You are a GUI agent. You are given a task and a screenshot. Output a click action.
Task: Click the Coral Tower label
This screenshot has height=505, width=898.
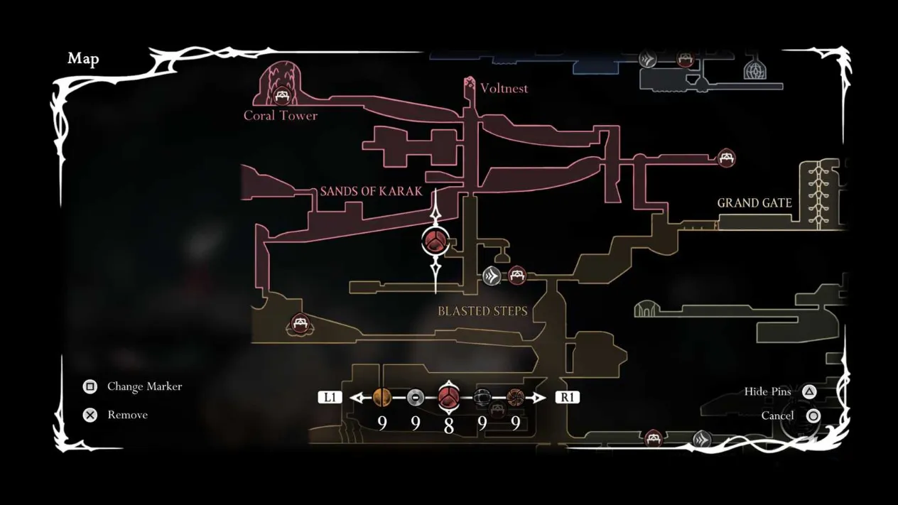pos(280,116)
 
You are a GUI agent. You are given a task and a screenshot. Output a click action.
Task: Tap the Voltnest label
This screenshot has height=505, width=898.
pos(504,88)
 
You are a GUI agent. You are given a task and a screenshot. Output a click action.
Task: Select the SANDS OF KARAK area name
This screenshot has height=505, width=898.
pos(372,191)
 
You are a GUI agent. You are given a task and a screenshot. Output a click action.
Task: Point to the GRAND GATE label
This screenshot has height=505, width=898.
pos(754,203)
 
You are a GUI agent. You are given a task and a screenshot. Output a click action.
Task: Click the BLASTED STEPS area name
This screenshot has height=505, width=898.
pos(482,311)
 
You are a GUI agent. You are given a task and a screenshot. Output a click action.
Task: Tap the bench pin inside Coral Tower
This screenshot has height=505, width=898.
pos(281,95)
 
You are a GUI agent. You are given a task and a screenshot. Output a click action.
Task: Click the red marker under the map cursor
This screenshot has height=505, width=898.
pos(435,241)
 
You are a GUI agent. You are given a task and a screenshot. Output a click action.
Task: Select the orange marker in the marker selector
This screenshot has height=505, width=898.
pos(382,397)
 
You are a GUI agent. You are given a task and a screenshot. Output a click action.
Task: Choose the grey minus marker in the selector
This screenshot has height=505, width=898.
pos(416,398)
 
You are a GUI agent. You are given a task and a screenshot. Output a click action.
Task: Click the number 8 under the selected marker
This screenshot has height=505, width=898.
pos(448,425)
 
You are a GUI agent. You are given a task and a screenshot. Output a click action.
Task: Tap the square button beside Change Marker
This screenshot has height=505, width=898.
pos(90,386)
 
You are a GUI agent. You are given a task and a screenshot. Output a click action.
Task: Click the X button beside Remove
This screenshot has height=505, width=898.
pos(90,415)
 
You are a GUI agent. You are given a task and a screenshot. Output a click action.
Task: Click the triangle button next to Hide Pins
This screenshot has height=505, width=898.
pos(809,391)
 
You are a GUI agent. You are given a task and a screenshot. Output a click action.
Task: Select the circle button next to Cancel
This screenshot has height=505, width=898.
pos(813,416)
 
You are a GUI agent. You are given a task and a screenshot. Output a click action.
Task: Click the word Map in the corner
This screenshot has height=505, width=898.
pos(83,58)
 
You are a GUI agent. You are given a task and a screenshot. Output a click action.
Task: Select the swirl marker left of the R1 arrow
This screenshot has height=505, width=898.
pos(516,397)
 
